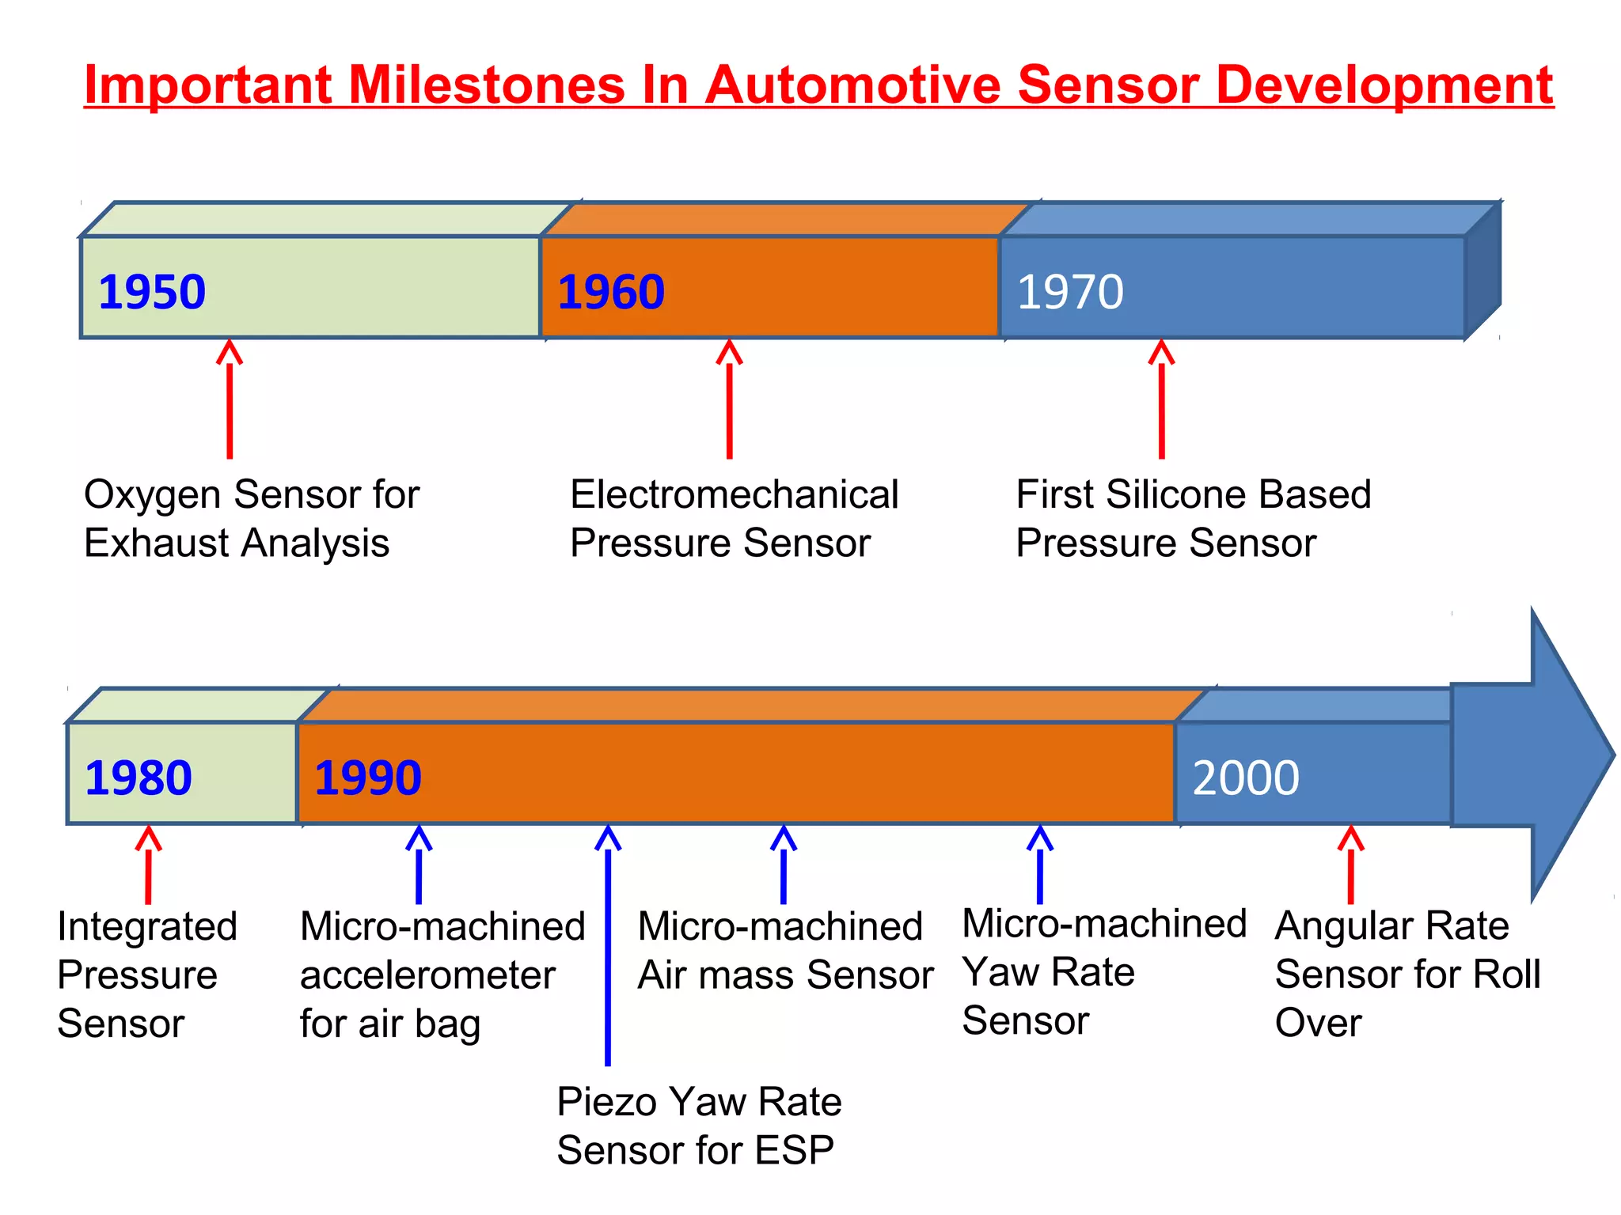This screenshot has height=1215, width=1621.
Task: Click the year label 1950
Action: [152, 292]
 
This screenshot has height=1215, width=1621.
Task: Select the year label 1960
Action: [611, 292]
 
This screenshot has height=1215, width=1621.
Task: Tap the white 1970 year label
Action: [1070, 292]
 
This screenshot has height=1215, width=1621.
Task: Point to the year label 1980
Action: [139, 778]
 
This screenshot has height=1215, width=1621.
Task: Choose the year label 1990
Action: [368, 778]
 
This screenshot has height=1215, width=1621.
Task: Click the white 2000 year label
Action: [1246, 778]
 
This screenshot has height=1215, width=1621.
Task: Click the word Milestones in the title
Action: [487, 85]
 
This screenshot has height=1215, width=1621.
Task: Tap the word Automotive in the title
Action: [852, 85]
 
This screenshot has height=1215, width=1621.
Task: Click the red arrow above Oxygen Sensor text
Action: [230, 399]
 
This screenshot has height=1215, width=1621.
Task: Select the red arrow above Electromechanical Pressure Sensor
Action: [729, 399]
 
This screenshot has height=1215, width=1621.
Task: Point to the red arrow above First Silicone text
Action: [1161, 399]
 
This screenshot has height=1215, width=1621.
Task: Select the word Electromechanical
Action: [734, 494]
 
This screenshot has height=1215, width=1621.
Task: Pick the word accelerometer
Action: [427, 975]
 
